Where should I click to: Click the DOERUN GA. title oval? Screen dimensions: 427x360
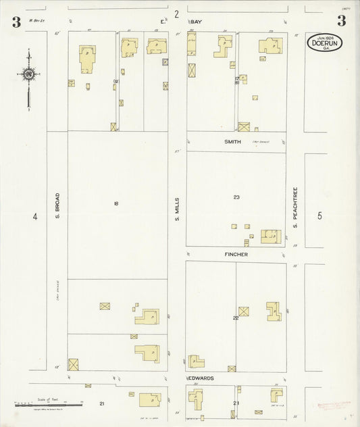click(x=324, y=43)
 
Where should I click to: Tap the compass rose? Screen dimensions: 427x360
click(x=29, y=74)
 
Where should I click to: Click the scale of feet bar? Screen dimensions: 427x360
click(x=47, y=405)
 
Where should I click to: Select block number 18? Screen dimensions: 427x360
click(x=116, y=203)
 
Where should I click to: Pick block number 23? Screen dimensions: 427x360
click(x=236, y=197)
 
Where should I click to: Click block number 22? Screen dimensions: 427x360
click(x=236, y=317)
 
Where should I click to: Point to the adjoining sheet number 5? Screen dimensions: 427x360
click(x=320, y=216)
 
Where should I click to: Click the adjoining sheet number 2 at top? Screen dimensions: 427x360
click(x=176, y=14)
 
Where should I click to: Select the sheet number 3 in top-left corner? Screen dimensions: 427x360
click(x=15, y=20)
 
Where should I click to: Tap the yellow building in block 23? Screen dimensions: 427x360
click(x=270, y=236)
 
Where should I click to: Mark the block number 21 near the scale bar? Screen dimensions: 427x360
click(x=101, y=403)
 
